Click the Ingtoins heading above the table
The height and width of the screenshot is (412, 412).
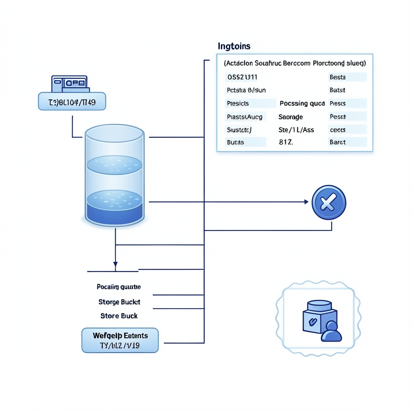(x=234, y=46)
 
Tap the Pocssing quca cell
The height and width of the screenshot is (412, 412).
(x=302, y=103)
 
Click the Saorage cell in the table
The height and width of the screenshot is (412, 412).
(x=290, y=117)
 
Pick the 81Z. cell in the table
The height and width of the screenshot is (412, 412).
(x=286, y=142)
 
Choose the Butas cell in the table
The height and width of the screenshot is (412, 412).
(x=236, y=142)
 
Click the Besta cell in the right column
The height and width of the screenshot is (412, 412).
(x=338, y=77)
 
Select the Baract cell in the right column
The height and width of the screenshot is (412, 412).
(x=338, y=142)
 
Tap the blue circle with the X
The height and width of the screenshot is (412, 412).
(x=329, y=202)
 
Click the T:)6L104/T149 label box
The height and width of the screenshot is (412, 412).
(x=72, y=101)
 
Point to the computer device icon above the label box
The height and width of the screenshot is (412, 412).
(x=70, y=84)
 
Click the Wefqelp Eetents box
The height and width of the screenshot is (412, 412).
(x=120, y=340)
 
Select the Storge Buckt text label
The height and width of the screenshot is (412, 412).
(x=119, y=302)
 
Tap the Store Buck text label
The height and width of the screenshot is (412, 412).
(x=119, y=316)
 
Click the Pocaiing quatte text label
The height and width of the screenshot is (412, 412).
(x=119, y=287)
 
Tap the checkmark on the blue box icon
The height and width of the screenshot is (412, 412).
(x=311, y=321)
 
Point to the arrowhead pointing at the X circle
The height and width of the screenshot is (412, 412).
(x=306, y=202)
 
